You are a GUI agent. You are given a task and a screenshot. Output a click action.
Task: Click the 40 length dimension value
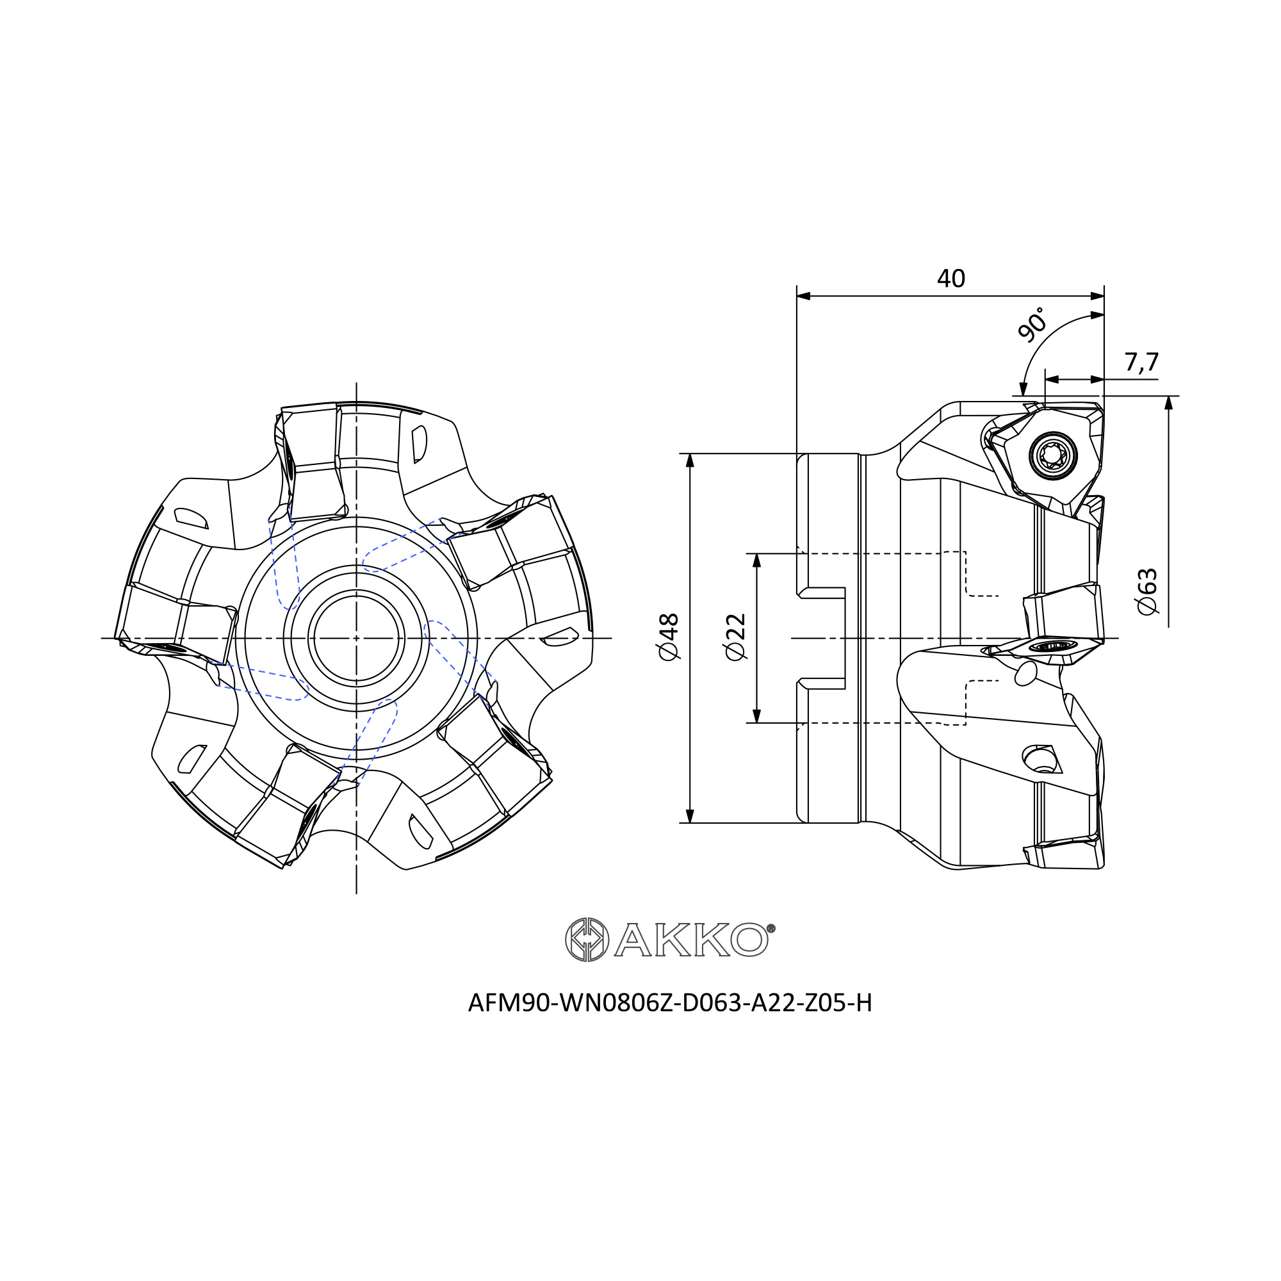[951, 279]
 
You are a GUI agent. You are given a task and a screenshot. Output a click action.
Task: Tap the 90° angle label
[1032, 324]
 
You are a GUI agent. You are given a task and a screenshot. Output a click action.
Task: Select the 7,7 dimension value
[1141, 362]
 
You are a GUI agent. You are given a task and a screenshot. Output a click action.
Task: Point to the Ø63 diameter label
[1147, 591]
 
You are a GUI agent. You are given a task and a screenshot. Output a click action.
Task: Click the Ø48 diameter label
[669, 637]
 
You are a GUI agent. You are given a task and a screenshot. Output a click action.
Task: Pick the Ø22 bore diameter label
[736, 637]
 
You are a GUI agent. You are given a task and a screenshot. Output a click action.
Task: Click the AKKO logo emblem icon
[587, 940]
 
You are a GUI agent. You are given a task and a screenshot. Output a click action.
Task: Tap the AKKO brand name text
[691, 940]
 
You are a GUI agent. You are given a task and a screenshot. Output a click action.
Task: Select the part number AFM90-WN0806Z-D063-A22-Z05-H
[670, 1003]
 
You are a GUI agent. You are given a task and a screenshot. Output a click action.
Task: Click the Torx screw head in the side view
[1053, 455]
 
